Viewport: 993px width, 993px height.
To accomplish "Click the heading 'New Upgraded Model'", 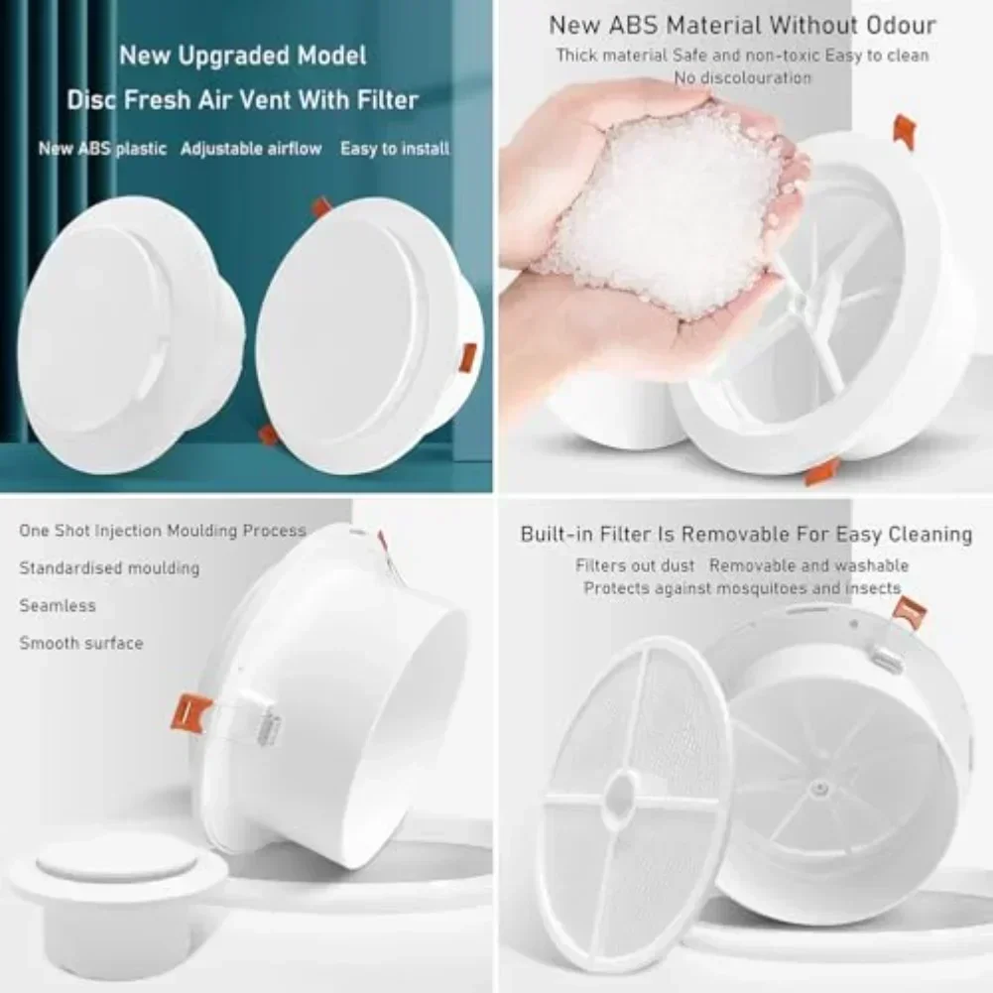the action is (243, 56).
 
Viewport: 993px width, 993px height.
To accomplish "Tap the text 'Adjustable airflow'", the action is (251, 149).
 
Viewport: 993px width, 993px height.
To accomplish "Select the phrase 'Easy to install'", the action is (395, 149).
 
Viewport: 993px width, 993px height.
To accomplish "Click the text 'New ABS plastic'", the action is (102, 149).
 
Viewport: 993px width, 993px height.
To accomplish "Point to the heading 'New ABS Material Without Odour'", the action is (742, 26).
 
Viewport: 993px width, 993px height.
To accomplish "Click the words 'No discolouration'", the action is (742, 78).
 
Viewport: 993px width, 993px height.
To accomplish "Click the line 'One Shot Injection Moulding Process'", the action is (163, 531).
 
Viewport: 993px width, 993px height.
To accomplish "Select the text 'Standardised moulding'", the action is (109, 568).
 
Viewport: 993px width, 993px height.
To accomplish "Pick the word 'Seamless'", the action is (58, 605).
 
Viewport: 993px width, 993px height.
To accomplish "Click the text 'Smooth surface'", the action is (81, 643).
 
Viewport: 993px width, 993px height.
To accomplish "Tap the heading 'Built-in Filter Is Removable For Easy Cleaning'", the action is (746, 535).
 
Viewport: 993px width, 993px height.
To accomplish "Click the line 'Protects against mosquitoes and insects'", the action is (742, 588).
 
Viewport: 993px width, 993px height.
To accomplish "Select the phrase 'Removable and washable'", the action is (808, 565).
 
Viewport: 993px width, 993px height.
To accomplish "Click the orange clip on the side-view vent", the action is (190, 713).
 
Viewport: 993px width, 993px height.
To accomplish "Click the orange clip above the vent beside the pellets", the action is (905, 132).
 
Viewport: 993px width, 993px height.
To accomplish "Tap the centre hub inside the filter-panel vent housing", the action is (820, 789).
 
